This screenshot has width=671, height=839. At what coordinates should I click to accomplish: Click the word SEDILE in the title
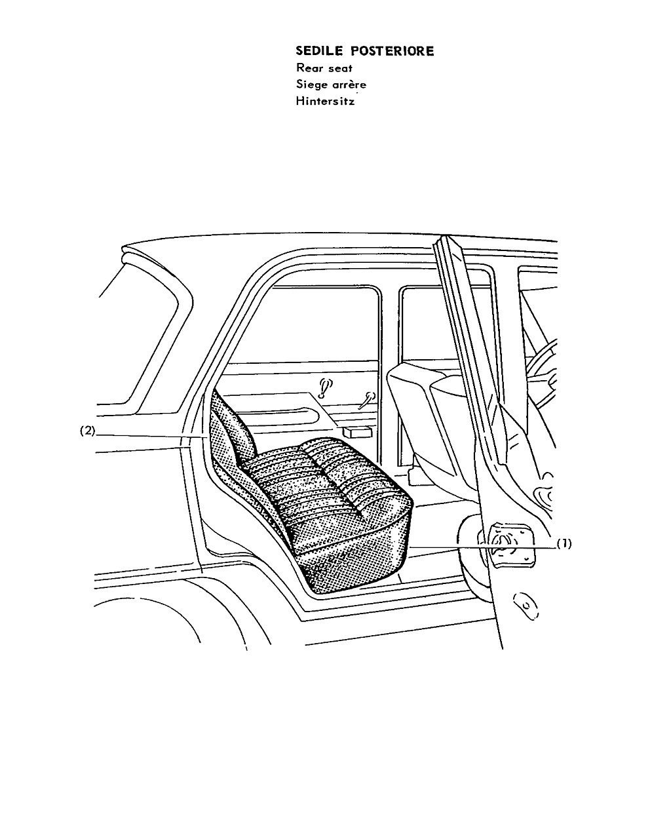click(319, 51)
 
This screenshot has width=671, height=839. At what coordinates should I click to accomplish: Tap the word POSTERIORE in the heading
click(393, 51)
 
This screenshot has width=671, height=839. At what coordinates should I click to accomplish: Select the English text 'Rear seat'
click(324, 68)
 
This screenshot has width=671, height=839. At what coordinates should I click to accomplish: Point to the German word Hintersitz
click(325, 101)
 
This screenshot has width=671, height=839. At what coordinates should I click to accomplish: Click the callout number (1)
click(564, 543)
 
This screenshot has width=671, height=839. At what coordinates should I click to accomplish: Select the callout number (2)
click(87, 431)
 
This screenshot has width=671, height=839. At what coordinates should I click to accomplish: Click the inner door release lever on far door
click(367, 400)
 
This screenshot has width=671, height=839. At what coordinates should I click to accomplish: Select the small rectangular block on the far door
click(356, 431)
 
